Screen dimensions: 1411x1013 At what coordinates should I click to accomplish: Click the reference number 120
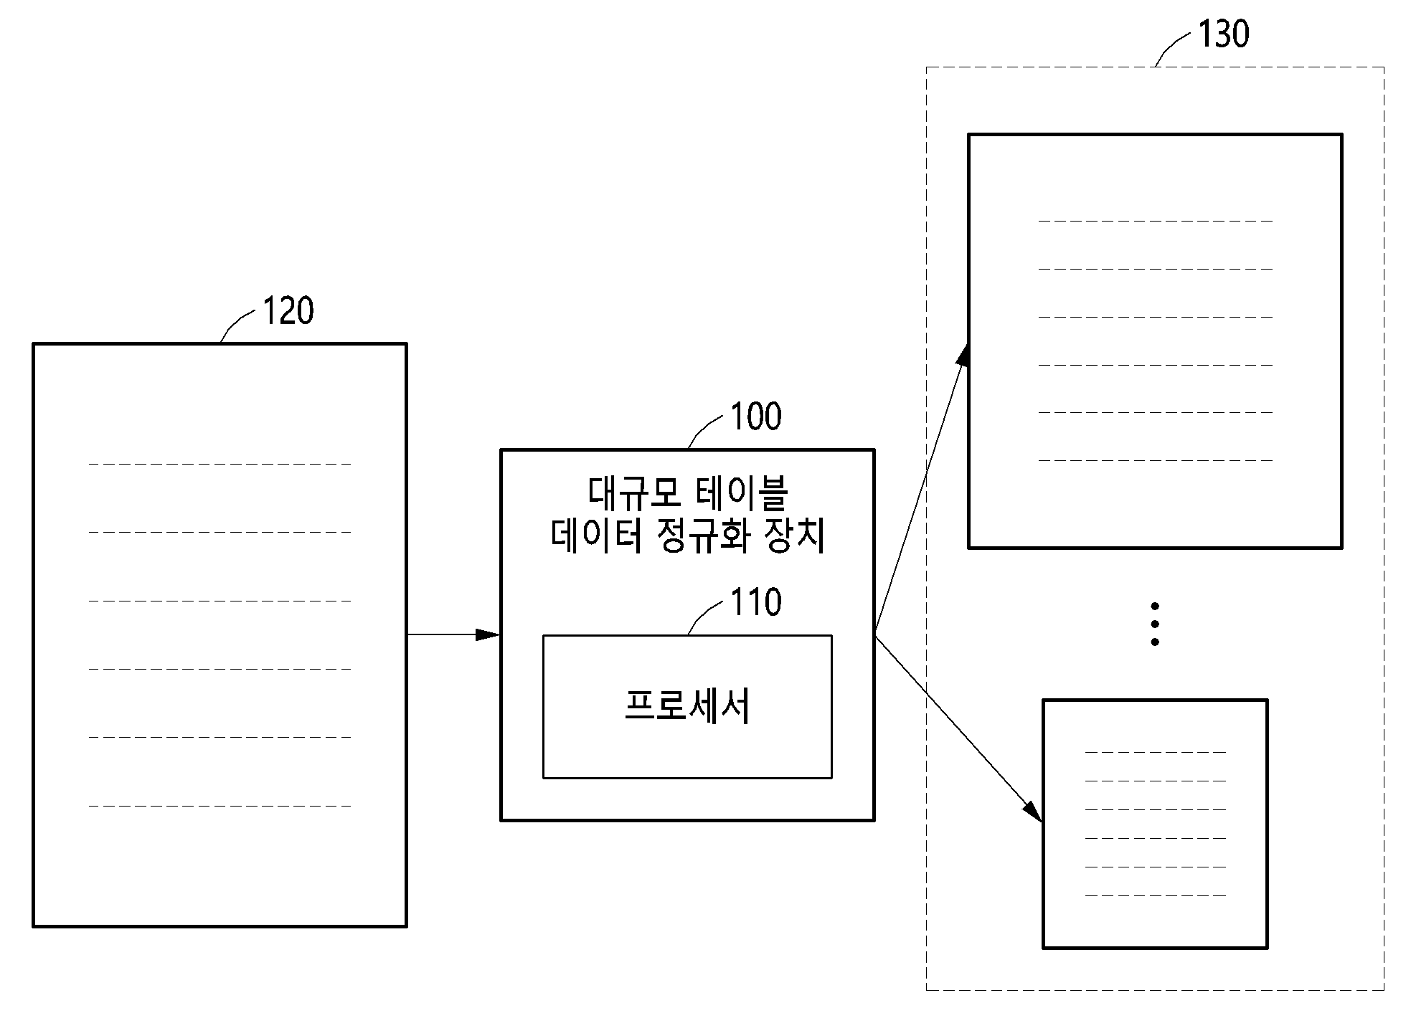(288, 311)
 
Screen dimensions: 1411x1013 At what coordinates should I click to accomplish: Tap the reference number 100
(756, 417)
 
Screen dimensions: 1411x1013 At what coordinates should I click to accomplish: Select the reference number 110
(756, 602)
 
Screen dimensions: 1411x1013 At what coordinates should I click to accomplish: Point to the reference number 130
(1224, 34)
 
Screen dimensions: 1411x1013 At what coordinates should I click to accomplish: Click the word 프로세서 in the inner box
(687, 706)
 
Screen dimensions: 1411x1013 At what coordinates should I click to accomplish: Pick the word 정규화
(704, 536)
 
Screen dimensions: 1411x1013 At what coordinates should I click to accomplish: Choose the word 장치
(797, 536)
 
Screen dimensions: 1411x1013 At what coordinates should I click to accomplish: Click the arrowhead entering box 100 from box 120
(489, 634)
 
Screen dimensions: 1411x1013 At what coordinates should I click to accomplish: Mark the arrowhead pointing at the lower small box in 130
(1033, 811)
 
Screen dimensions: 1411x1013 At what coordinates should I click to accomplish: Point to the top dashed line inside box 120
(220, 464)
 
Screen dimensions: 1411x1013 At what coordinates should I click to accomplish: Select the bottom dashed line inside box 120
(220, 806)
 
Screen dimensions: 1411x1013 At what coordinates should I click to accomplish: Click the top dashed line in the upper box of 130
(1155, 221)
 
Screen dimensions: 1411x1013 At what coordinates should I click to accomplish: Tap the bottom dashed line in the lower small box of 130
(1155, 895)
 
